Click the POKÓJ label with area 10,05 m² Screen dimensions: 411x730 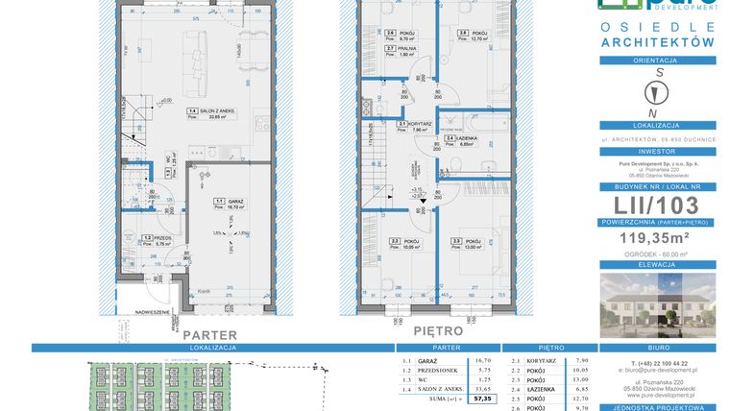click(409, 241)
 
